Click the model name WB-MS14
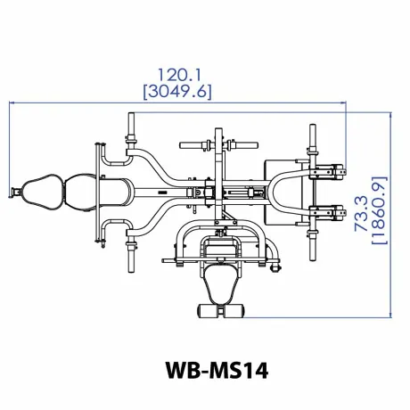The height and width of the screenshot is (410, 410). point(205,368)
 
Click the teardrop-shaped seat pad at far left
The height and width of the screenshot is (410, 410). point(42,190)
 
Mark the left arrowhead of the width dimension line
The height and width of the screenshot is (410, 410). point(13,102)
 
